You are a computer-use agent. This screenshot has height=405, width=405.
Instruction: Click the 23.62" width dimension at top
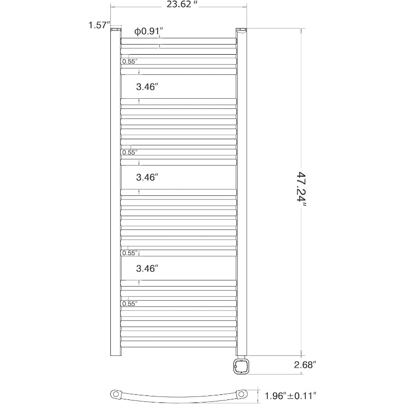pos(182,5)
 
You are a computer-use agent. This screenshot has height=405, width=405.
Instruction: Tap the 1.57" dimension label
pos(99,25)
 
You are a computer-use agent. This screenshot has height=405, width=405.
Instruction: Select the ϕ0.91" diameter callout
pos(148,31)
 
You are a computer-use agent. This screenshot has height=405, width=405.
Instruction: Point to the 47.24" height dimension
pos(301,188)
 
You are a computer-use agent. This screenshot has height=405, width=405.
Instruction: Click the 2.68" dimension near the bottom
pos(305,365)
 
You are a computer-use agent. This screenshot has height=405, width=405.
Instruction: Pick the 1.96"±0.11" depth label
pos(291,395)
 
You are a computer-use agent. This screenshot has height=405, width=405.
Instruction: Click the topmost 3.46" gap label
pos(147,87)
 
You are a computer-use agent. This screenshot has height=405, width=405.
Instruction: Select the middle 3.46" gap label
pos(147,177)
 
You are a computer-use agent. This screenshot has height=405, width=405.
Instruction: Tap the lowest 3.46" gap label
pos(147,269)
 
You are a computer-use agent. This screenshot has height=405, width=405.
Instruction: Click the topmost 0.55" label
pos(130,61)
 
